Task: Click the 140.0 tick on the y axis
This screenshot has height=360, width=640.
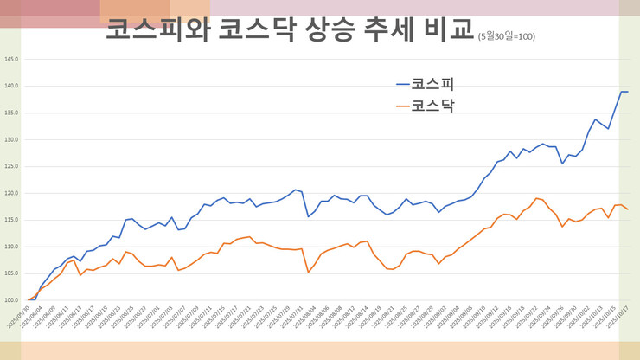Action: pyautogui.click(x=10, y=87)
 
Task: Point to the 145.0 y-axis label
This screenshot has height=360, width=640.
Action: pyautogui.click(x=10, y=60)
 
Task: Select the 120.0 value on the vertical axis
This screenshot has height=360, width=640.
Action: pyautogui.click(x=10, y=193)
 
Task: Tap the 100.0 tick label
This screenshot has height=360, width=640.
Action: pyautogui.click(x=10, y=300)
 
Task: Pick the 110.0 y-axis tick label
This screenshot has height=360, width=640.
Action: pyautogui.click(x=10, y=247)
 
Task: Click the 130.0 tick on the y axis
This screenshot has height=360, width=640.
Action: pyautogui.click(x=10, y=139)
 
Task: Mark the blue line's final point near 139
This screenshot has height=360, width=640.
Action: pyautogui.click(x=627, y=92)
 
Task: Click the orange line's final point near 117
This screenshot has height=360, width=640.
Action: pyautogui.click(x=627, y=209)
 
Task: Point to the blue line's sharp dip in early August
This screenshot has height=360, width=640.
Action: pyautogui.click(x=309, y=216)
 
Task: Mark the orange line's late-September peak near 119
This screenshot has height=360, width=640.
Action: pyautogui.click(x=536, y=198)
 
